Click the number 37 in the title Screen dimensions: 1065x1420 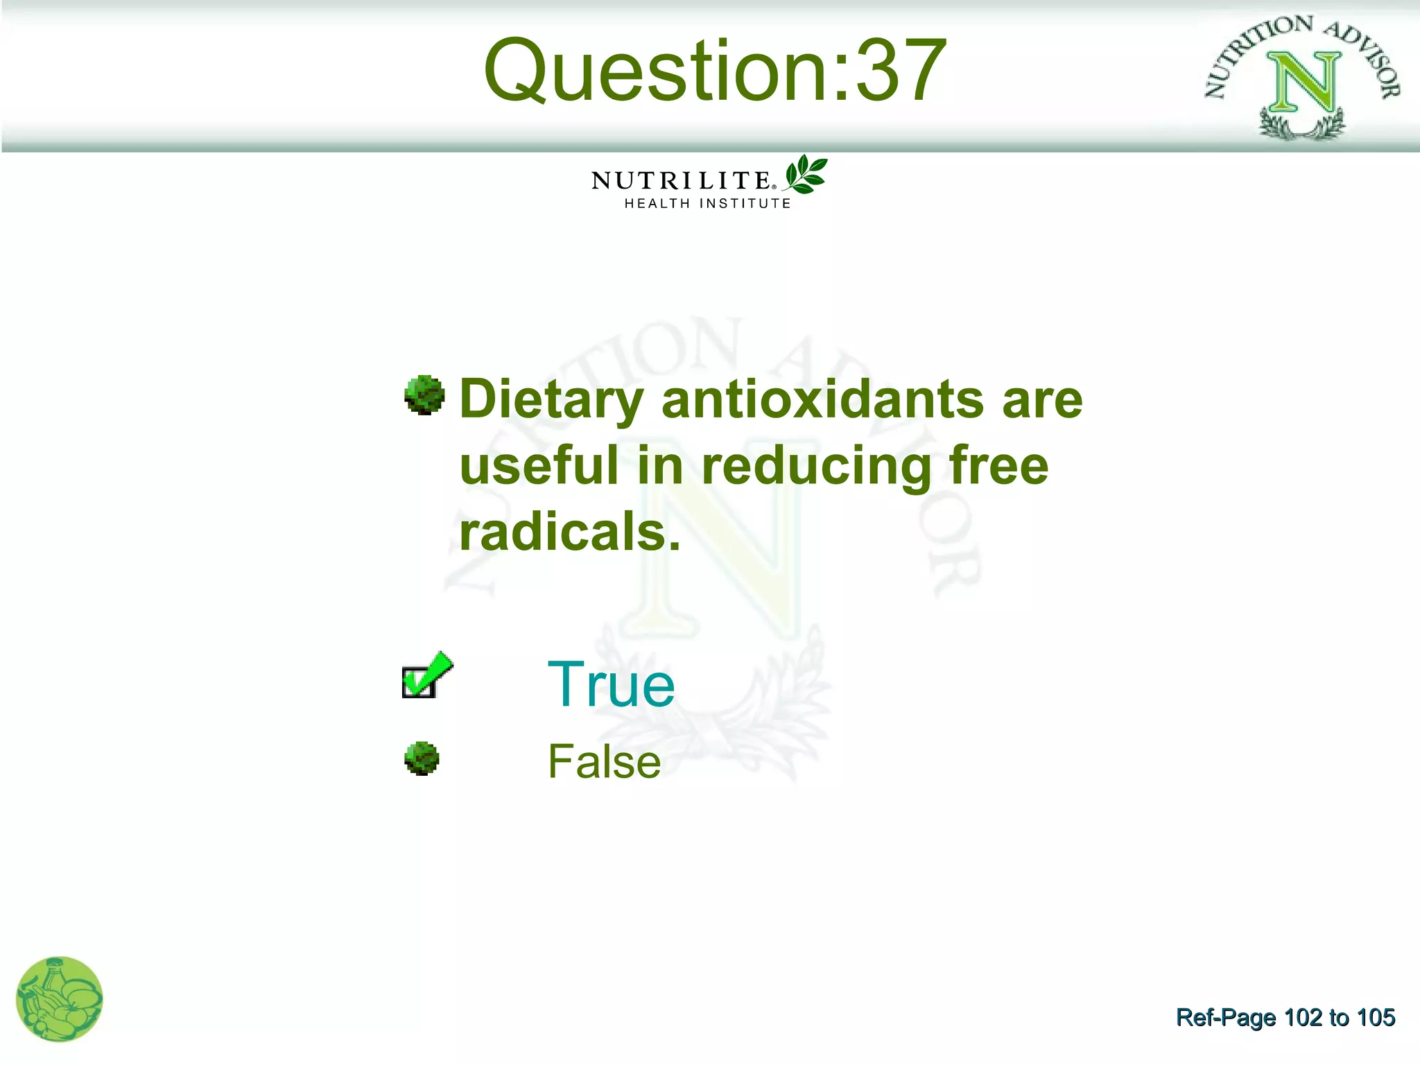[x=901, y=71]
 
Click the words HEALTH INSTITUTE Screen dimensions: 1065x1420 [x=707, y=204]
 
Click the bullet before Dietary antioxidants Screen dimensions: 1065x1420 [x=424, y=395]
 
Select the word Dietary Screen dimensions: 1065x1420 [x=552, y=401]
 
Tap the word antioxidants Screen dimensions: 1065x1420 [x=822, y=399]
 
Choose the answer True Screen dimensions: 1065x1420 [x=611, y=685]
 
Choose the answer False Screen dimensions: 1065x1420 [x=604, y=761]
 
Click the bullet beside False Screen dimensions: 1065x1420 [x=422, y=759]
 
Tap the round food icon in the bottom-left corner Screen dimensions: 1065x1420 [x=60, y=999]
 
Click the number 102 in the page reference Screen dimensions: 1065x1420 [x=1303, y=1018]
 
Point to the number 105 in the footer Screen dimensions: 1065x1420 [x=1376, y=1018]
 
